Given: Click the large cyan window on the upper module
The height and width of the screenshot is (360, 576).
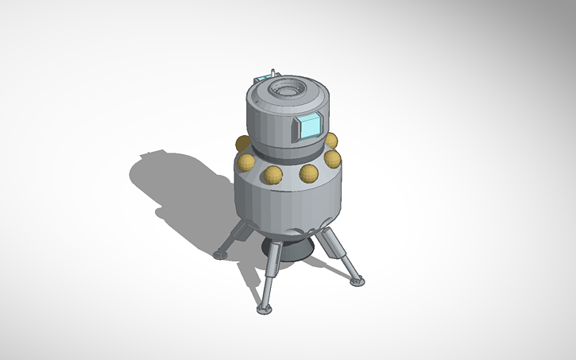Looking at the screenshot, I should coord(307,127).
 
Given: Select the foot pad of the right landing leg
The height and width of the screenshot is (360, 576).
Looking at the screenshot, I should coord(356,281).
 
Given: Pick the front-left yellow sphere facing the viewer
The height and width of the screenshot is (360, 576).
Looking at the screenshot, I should coord(273,176).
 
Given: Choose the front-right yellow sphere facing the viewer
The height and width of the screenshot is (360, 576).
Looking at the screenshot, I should coord(308,173).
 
